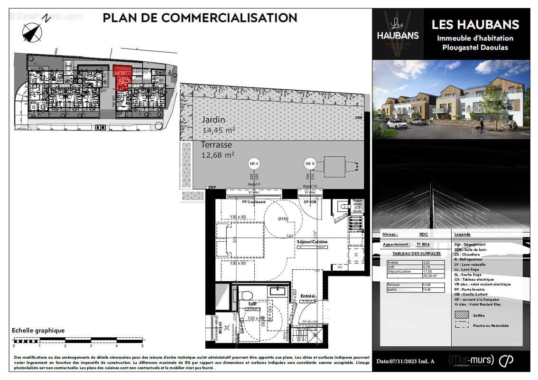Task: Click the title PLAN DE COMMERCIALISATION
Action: [x=200, y=18]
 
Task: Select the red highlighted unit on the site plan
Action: [x=122, y=78]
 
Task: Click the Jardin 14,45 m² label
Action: [x=219, y=124]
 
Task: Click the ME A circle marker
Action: [x=254, y=164]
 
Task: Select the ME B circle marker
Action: [x=310, y=164]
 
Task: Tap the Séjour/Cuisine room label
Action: [x=312, y=242]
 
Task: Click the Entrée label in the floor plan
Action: [x=307, y=296]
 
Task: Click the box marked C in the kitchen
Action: [x=355, y=255]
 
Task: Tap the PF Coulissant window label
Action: [x=254, y=202]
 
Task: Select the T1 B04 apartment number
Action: [x=423, y=244]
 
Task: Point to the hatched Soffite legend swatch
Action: [x=461, y=314]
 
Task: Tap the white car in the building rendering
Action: [x=397, y=124]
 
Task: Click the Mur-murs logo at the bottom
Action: [x=471, y=360]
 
